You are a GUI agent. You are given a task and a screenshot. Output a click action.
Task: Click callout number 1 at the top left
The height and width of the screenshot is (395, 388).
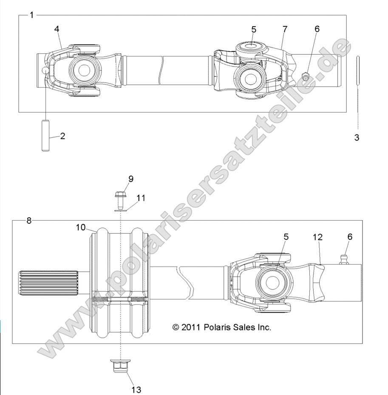pos(32,15)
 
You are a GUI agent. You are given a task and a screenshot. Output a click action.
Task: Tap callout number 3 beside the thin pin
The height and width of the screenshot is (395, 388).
pos(357,137)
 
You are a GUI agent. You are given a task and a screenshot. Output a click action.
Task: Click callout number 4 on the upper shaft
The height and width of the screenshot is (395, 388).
pos(57,28)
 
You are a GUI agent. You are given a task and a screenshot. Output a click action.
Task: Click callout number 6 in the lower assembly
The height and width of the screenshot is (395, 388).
pos(350,237)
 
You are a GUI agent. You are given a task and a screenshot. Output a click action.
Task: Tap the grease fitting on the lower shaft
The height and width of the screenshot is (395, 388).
pos(344,259)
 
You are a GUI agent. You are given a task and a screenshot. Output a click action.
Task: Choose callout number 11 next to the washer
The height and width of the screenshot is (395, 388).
pos(141,198)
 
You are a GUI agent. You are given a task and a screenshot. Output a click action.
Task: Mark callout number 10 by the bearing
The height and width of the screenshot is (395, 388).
pos(81,227)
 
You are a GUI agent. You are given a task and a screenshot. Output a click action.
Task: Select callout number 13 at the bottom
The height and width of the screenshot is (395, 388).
pos(136,389)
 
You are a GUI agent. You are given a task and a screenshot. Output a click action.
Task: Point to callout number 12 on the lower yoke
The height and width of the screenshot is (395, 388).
pos(318,237)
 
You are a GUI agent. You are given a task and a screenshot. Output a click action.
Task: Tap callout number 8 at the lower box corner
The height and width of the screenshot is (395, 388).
pos(29,221)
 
